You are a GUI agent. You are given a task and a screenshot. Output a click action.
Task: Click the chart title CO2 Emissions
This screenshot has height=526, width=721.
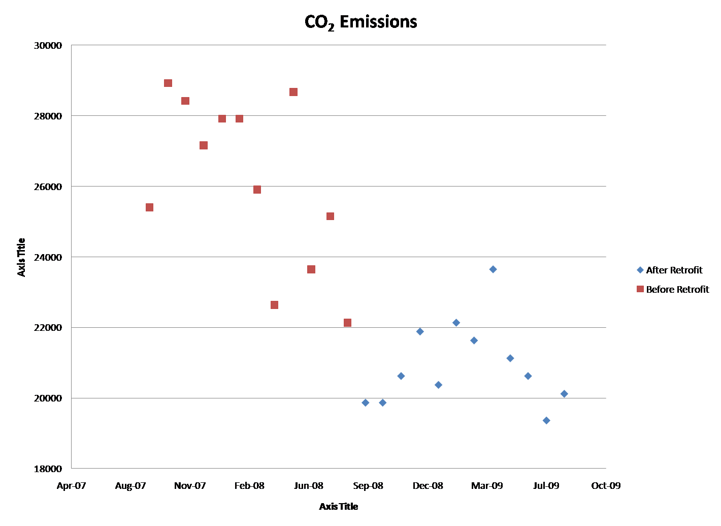(360, 22)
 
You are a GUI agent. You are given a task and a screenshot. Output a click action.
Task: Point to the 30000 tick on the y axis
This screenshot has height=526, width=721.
(48, 46)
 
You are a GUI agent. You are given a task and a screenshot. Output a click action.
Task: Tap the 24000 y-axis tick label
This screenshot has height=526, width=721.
(48, 257)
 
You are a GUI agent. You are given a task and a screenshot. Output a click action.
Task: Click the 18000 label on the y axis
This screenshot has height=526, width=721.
(48, 469)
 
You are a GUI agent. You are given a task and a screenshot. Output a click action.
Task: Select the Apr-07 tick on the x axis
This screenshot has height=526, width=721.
(72, 486)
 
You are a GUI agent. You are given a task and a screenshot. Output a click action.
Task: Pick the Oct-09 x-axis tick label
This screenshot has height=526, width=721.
(606, 486)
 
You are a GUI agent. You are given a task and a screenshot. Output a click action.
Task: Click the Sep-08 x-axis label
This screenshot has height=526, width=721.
(368, 486)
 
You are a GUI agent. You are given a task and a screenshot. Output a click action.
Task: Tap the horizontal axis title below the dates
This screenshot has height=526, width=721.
(339, 506)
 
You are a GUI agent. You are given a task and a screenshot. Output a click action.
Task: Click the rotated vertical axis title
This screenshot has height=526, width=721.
(21, 257)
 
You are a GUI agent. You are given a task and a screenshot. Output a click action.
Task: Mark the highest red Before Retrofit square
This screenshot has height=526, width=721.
(168, 83)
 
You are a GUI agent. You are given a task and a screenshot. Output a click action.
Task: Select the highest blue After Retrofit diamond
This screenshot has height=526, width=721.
(493, 269)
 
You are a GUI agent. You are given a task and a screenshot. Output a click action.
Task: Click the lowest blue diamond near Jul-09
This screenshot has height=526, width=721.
(546, 420)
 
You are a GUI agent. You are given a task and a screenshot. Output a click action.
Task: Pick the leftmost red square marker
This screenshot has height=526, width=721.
(149, 207)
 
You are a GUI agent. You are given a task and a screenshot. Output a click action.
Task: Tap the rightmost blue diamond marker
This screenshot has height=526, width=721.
(564, 394)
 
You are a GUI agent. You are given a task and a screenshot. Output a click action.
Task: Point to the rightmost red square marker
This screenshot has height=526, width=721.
(347, 323)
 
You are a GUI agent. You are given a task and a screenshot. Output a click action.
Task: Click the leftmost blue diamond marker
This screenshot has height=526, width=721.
(366, 403)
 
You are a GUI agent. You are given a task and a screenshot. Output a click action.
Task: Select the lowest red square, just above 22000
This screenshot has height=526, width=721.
(347, 323)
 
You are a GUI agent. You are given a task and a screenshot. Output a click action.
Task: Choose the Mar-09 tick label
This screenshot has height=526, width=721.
(487, 486)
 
